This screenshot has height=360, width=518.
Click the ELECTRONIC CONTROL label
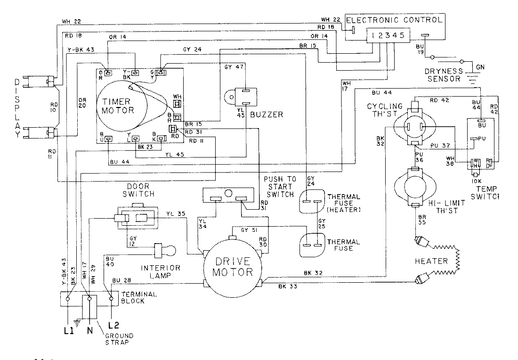tap(394, 20)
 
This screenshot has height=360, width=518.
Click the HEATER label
tap(431, 261)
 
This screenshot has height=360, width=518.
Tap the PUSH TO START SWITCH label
tap(279, 187)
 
